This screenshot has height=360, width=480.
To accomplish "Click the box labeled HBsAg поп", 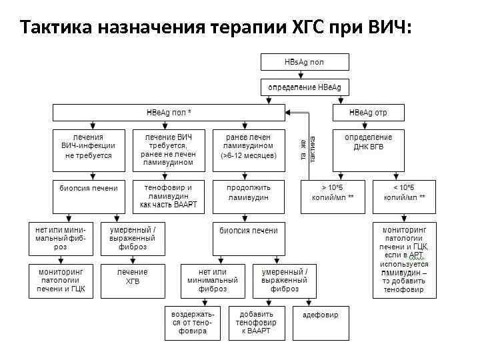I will point(304,63).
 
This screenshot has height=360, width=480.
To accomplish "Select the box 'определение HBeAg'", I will point(304,88).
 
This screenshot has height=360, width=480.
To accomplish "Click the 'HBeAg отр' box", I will point(368,113).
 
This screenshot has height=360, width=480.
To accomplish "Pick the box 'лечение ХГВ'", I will point(133,277).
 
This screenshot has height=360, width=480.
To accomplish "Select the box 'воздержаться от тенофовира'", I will point(192,323).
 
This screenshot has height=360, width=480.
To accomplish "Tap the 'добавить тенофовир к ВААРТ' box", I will point(257,323).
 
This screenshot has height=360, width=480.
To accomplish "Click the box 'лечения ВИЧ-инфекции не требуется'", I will point(88,146).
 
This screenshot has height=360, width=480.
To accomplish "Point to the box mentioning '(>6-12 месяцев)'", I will point(249,146).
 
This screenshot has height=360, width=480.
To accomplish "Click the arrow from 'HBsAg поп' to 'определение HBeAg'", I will point(304,75).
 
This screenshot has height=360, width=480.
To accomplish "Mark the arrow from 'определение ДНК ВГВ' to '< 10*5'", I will point(393,172).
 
